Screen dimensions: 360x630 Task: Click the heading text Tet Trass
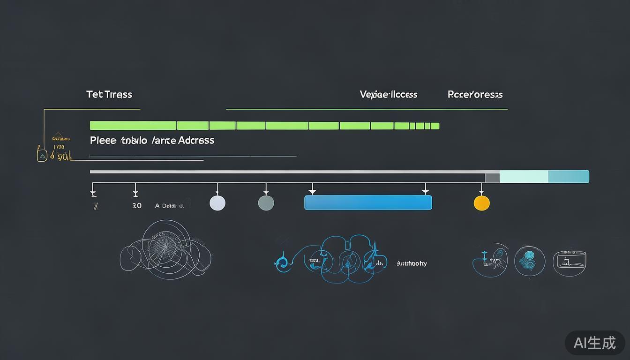[x=109, y=94]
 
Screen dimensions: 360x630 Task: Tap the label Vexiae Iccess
[x=388, y=94]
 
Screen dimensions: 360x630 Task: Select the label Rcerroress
[x=475, y=94]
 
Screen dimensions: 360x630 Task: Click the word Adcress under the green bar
[x=196, y=140]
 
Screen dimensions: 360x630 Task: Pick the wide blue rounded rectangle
[x=368, y=202]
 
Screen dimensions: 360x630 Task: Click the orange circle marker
[x=482, y=203]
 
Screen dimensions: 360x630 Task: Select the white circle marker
[x=217, y=203]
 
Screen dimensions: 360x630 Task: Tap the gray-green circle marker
[x=266, y=203]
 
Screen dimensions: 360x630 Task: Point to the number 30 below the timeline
[x=136, y=206]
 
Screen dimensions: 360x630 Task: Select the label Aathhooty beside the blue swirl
[x=412, y=263]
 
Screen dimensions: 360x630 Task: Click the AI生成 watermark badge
[x=594, y=343]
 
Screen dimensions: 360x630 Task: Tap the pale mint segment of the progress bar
[x=524, y=177]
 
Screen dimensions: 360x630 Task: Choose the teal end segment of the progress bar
[x=568, y=177]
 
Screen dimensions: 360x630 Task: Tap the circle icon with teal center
[x=530, y=261]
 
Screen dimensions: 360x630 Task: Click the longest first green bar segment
[x=133, y=126]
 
